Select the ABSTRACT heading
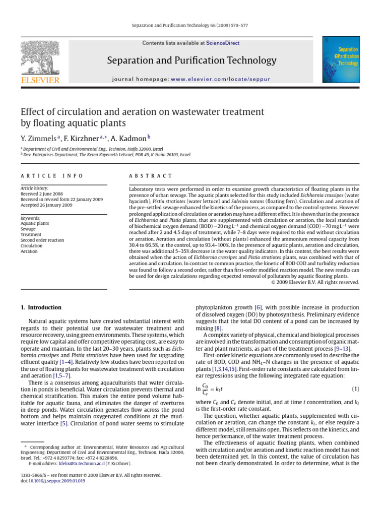pyautogui.click(x=144, y=176)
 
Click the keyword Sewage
pyautogui.click(x=28, y=229)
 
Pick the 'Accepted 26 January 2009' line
pyautogui.click(x=46, y=205)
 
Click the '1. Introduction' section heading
pyautogui.click(x=41, y=307)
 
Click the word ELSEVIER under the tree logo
pyautogui.click(x=40, y=80)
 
